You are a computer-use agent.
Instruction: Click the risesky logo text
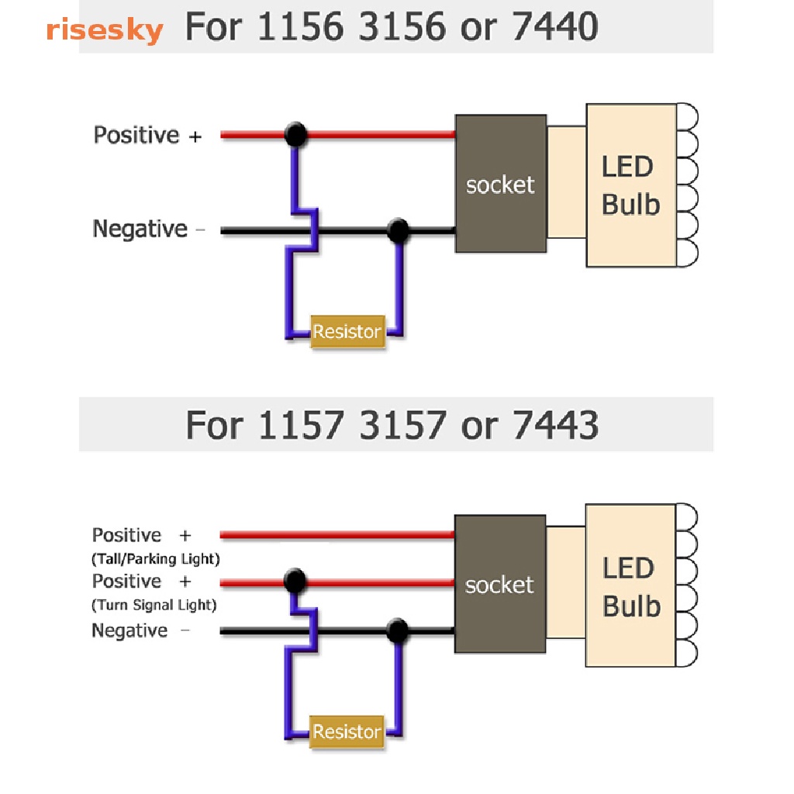coord(104,31)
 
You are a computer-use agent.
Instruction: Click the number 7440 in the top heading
coord(555,29)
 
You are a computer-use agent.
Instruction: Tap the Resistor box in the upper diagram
coord(347,332)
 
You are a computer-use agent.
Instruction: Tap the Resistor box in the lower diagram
coord(347,731)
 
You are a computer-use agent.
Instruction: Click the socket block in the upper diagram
coord(500,184)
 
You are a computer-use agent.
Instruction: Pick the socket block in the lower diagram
coord(499,584)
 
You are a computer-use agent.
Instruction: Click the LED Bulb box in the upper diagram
coord(631,185)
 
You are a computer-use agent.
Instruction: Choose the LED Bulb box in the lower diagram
coord(631,586)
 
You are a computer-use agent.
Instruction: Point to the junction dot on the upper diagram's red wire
coord(295,135)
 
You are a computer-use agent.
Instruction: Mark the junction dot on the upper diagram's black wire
coord(398,230)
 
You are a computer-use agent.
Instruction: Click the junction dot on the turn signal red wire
coord(294,580)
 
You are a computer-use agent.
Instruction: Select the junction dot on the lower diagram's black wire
coord(397,630)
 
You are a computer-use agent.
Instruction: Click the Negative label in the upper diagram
coord(140,230)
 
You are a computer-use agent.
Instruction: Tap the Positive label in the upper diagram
coord(136,135)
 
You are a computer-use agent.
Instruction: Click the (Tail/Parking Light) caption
coord(156,558)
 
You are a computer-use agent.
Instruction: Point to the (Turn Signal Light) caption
coord(154,605)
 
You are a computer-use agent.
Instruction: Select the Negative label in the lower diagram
coord(129,630)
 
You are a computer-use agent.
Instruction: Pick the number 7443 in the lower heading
coord(555,426)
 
